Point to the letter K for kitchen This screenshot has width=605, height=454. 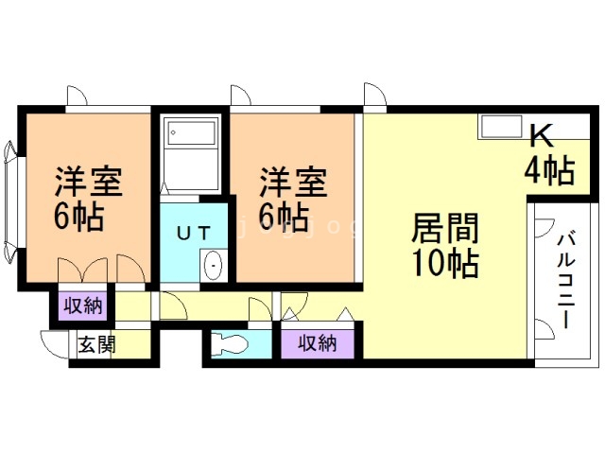tap(541, 137)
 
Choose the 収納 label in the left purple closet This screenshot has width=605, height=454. tap(83, 306)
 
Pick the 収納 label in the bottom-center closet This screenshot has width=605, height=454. tap(317, 342)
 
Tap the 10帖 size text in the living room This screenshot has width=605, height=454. tap(444, 262)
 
